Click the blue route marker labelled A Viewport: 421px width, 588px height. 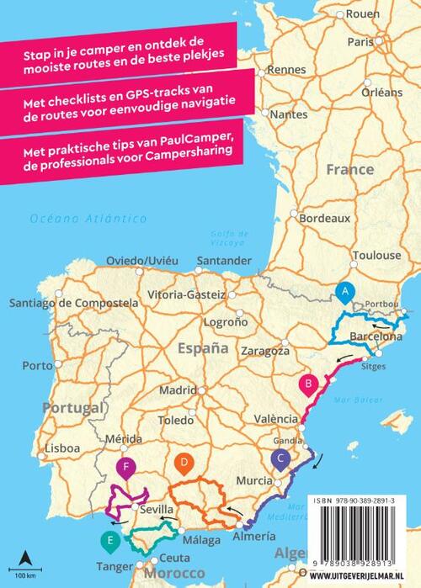(343, 291)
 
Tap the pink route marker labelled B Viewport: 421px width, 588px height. (309, 384)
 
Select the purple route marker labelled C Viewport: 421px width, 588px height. (280, 458)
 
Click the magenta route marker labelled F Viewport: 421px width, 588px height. (125, 468)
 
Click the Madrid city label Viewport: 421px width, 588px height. (178, 390)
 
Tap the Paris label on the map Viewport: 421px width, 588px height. (360, 40)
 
